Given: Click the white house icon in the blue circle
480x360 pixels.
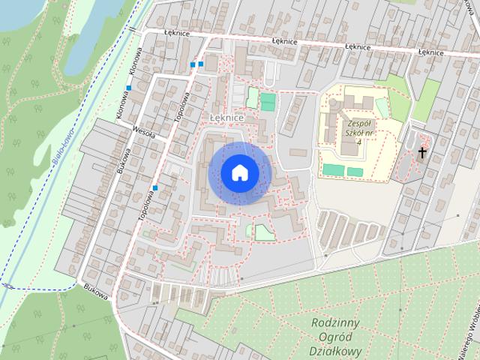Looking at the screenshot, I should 239,172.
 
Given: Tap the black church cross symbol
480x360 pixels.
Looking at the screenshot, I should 422,153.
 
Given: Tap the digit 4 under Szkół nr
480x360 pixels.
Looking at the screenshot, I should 359,142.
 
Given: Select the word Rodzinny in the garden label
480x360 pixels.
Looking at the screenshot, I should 335,322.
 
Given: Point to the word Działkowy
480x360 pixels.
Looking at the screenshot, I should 334,350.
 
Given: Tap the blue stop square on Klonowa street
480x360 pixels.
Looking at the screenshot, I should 129,88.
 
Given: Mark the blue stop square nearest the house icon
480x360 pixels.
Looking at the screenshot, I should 155,187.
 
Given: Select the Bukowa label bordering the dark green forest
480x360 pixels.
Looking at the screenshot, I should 97,292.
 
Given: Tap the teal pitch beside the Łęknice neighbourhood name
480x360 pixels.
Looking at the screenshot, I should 268,102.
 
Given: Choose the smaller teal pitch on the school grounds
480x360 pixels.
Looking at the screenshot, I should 355,172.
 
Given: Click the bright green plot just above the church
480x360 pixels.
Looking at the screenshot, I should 427,100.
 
